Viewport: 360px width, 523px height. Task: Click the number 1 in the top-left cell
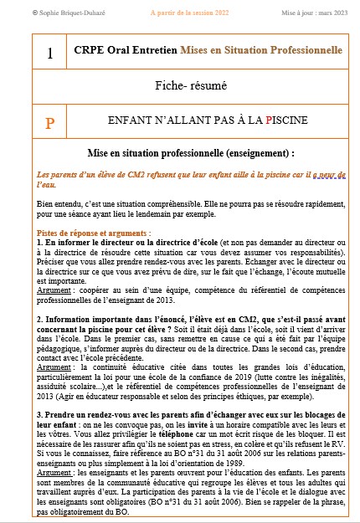point(50,54)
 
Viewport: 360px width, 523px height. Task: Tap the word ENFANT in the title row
point(131,120)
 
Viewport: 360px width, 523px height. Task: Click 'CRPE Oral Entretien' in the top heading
point(140,51)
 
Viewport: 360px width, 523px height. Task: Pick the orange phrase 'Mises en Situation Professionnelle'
point(273,51)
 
